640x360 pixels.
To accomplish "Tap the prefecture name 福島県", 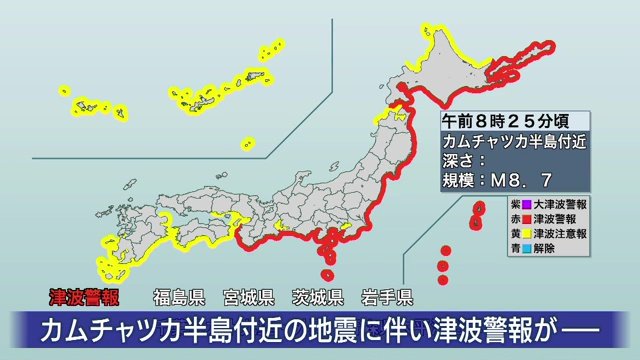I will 179,297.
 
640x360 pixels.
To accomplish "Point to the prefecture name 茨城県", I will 318,297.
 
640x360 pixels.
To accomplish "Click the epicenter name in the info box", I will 514,141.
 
